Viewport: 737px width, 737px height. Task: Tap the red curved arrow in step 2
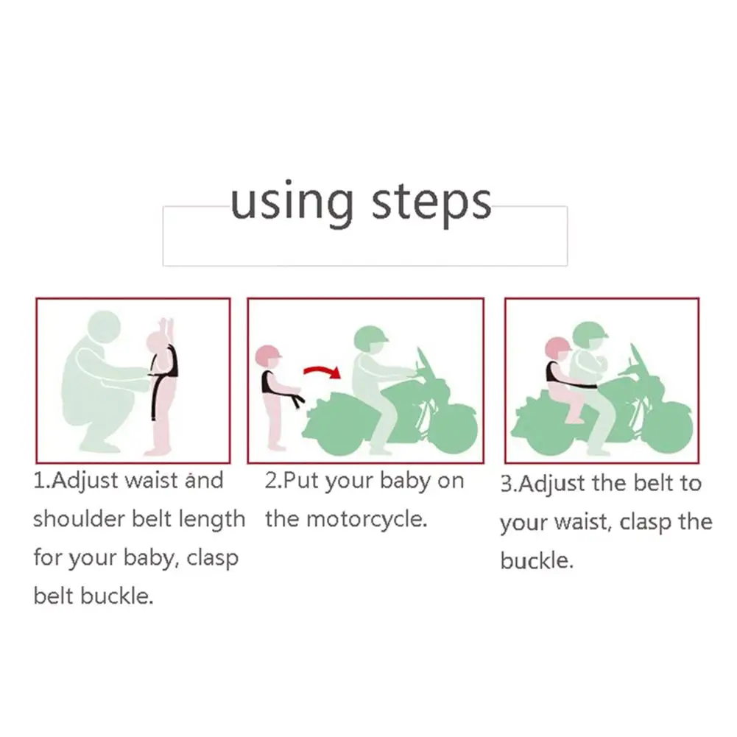coord(322,372)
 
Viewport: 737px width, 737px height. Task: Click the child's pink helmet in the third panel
coord(557,349)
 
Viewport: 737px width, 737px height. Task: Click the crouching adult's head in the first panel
coord(105,328)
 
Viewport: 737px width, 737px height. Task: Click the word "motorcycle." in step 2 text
coord(367,520)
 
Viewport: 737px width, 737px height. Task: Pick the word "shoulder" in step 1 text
coord(80,519)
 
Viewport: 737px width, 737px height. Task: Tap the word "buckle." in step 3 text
coord(537,560)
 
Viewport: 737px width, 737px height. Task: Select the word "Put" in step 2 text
coord(301,480)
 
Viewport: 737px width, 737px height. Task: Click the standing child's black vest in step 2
coord(269,381)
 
